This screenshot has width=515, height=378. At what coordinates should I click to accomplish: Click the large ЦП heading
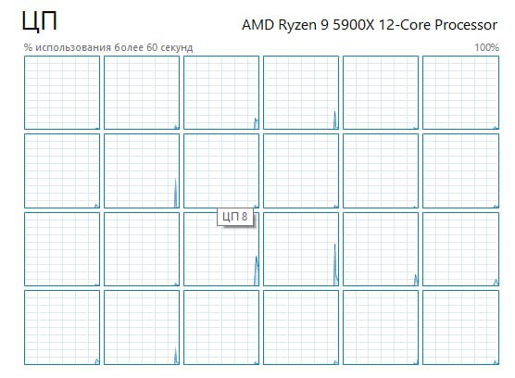point(40,21)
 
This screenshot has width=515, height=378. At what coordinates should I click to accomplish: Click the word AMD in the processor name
point(257,25)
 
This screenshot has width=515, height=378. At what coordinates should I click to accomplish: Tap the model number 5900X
point(354,25)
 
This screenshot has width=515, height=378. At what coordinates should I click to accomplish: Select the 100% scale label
point(487,47)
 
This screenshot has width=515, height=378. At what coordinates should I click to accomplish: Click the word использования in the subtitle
point(73,47)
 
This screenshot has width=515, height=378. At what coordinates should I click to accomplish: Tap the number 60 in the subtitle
point(152,47)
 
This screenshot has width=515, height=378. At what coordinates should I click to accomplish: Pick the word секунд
point(177,48)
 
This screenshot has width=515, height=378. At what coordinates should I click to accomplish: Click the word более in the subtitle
point(129,47)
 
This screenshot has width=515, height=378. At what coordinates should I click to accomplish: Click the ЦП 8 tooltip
point(235,217)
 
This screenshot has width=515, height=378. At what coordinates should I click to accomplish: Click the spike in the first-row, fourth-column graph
point(335,120)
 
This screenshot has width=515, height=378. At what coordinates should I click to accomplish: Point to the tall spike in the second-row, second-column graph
point(176,193)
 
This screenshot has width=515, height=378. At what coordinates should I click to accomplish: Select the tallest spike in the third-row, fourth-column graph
point(335,264)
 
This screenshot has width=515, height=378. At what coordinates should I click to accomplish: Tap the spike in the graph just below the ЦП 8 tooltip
point(257,271)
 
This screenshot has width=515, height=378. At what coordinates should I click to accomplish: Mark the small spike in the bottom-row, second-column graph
point(176,356)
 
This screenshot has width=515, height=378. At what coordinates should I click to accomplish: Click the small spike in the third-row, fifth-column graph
point(416,280)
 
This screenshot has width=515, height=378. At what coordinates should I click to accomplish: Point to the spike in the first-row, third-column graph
point(257,123)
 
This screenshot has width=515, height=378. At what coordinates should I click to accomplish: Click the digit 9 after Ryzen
point(324,25)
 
